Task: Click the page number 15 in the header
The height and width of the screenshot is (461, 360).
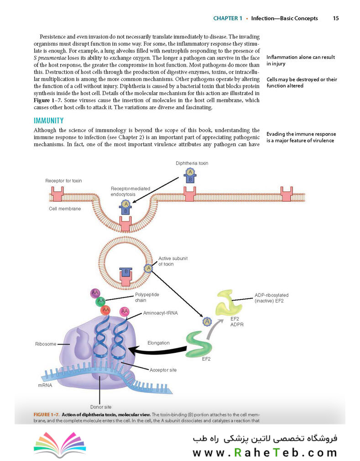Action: (336, 18)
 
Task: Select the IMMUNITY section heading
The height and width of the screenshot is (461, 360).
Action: (48, 120)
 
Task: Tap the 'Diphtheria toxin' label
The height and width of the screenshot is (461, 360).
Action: (192, 163)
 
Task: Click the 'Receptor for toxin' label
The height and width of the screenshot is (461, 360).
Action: (63, 181)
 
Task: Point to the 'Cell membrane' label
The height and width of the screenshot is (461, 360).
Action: (65, 209)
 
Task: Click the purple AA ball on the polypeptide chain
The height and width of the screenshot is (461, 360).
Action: (95, 293)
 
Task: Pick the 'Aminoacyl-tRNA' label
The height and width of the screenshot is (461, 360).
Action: (161, 313)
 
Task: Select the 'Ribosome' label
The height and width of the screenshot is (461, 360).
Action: (46, 344)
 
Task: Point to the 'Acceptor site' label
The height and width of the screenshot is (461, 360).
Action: (163, 370)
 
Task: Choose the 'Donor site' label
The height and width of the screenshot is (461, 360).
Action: (101, 407)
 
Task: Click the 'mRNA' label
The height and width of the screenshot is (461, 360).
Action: (45, 385)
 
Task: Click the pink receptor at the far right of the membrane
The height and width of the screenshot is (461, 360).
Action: (287, 194)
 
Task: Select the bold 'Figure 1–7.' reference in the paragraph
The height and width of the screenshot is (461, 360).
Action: (47, 100)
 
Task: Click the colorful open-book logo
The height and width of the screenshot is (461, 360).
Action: (60, 445)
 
